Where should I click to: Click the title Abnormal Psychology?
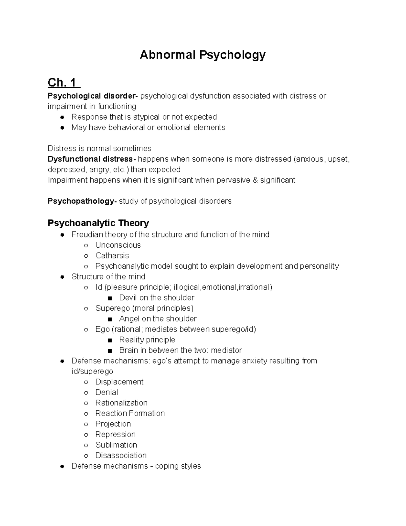203,55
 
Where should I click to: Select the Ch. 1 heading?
64,82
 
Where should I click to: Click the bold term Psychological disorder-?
93,96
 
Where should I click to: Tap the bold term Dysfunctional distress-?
92,159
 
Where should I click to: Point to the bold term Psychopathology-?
82,201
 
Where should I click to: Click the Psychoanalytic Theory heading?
98,223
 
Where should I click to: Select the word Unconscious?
118,245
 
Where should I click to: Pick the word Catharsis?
112,256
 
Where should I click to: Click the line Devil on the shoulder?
156,298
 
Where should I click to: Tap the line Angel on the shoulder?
158,319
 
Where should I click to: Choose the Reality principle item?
147,340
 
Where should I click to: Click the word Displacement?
119,382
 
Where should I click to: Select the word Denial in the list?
107,392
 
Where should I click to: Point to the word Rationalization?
121,403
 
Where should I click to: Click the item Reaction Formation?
130,413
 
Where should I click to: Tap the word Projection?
113,424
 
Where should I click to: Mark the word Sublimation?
116,445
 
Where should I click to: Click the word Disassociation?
121,455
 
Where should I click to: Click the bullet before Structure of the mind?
62,277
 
